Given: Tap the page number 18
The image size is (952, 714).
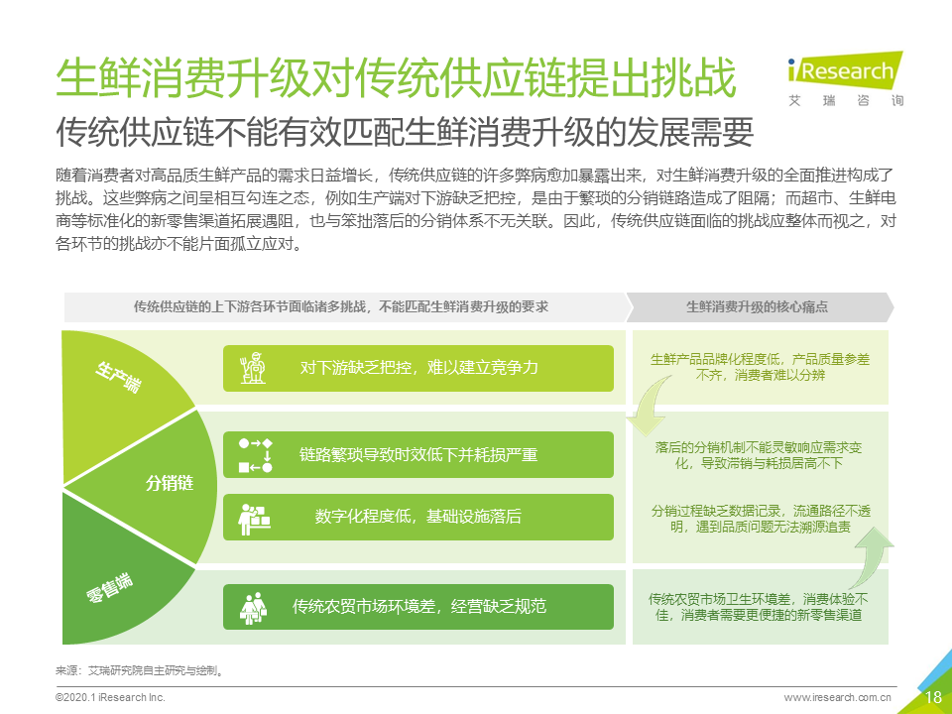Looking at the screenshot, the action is [932, 697].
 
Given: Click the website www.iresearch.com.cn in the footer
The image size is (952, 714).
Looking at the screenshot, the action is [837, 697].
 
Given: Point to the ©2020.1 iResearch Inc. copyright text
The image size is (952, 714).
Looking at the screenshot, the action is [110, 697].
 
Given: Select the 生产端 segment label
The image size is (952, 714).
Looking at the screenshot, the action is [118, 377].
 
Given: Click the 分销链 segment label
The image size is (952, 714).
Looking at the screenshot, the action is [170, 483].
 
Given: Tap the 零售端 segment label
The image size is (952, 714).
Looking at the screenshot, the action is [110, 587].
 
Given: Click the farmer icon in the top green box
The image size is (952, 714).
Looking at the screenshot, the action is [253, 368].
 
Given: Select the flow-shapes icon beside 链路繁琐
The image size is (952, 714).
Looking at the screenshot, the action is [255, 455].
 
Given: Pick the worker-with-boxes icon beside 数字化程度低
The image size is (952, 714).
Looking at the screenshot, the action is [254, 519].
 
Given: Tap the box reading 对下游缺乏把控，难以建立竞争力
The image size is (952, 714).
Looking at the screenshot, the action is [418, 369].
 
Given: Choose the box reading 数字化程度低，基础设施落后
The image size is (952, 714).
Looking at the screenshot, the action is [418, 518].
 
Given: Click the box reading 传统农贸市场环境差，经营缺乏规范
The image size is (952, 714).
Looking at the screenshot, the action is [418, 607].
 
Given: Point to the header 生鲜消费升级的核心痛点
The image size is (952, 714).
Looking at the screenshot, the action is [757, 307].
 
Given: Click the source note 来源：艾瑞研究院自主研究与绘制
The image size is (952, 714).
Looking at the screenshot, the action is [140, 671].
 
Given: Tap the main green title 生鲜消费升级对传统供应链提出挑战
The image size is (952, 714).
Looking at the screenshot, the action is [396, 78].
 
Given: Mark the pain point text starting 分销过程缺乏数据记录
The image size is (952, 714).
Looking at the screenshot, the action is [761, 519].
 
